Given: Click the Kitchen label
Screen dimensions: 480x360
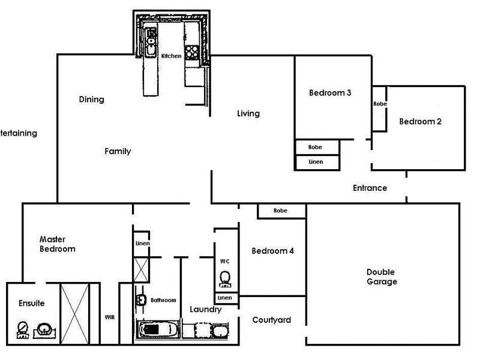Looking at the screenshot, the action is (171, 56).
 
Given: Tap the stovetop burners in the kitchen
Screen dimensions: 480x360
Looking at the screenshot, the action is (192, 52).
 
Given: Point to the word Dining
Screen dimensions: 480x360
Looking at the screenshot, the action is (92, 99).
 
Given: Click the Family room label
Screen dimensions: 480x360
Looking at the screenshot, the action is (118, 151).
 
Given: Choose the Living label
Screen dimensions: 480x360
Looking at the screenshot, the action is (248, 113).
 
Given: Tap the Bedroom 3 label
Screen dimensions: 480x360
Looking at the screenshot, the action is (330, 93).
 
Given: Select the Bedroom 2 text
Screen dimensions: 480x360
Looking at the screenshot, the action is (421, 122).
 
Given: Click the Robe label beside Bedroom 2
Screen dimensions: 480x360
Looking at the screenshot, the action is (380, 104).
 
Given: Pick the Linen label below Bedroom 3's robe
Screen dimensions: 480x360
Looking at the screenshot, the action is (316, 161).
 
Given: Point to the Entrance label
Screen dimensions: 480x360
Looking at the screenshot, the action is (370, 188).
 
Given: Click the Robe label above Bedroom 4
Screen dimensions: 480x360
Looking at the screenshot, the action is (280, 211).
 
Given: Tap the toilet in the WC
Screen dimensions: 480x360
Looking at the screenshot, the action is (226, 279).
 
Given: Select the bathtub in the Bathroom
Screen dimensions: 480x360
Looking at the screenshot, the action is (158, 329).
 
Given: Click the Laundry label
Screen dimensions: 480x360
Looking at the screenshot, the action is (205, 310).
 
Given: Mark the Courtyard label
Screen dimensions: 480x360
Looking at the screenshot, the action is (272, 320).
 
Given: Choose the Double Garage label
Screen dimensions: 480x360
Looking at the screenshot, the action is (382, 277).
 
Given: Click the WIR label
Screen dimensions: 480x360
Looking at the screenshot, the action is (110, 317).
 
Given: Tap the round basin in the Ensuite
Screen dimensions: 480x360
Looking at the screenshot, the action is (44, 330).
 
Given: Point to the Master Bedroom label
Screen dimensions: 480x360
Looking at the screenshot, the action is (57, 244).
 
